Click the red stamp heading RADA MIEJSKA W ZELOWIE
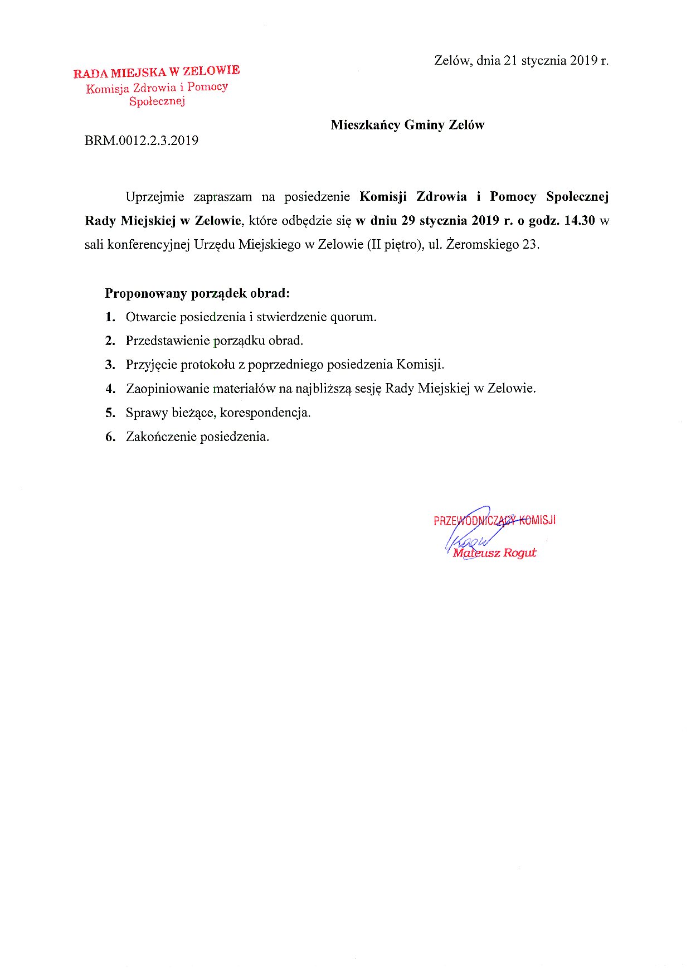[157, 72]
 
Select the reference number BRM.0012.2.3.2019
[141, 141]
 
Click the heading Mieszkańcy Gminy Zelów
[407, 125]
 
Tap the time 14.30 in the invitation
[580, 220]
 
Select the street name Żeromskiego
[482, 244]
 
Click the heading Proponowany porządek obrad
[197, 293]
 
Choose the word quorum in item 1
[353, 317]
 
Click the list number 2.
[110, 341]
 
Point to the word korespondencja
[265, 413]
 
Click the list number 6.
[110, 437]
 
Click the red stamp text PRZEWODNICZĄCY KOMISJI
[494, 521]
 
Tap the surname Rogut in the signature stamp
[519, 553]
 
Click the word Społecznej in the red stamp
[157, 101]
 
